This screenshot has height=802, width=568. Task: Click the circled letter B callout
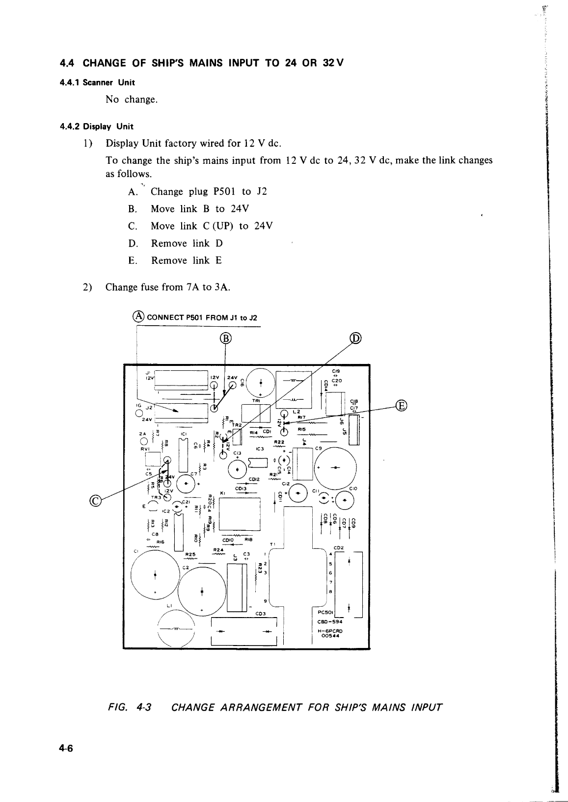click(x=225, y=338)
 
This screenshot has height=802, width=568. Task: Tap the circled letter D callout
click(x=355, y=338)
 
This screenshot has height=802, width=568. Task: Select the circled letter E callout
click(x=401, y=406)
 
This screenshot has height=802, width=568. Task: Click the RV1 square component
click(x=153, y=459)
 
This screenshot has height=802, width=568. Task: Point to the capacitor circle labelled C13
click(x=237, y=469)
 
